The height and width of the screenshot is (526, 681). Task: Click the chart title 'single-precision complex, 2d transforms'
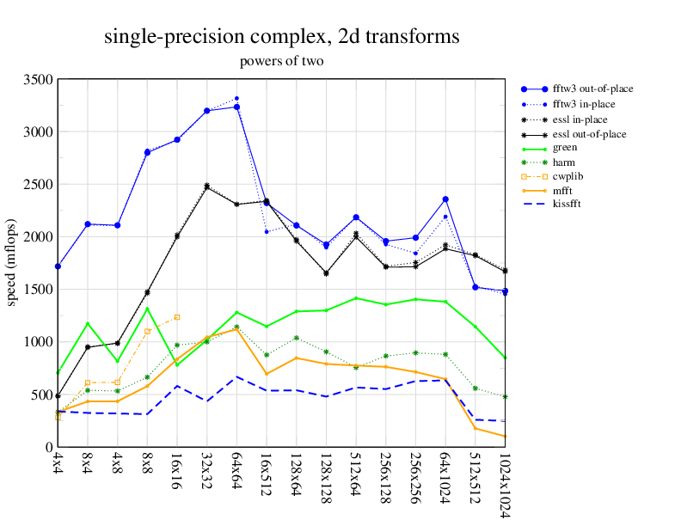tap(281, 37)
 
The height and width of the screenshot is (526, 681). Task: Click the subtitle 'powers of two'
tap(281, 61)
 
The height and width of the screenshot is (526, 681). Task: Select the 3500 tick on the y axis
tap(38, 80)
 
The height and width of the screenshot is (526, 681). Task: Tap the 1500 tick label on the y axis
tap(38, 290)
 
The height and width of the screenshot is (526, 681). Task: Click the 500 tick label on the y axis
tap(41, 394)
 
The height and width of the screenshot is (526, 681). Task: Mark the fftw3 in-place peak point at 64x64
tap(236, 99)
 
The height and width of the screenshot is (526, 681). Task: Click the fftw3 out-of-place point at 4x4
tap(58, 266)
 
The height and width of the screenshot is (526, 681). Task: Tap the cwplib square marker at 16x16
tap(177, 317)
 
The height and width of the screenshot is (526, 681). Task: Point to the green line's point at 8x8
tap(147, 309)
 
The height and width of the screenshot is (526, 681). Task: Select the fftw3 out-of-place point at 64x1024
tap(445, 199)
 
